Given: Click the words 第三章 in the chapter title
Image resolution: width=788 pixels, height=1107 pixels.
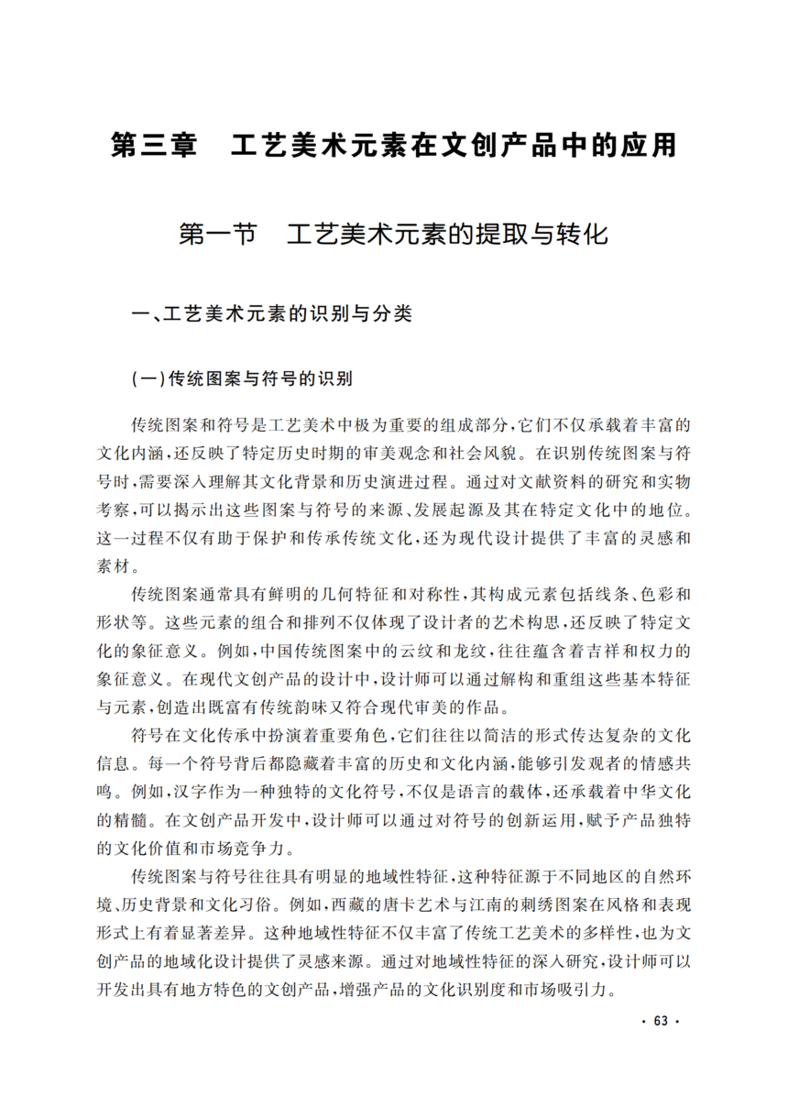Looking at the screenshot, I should pos(153,145).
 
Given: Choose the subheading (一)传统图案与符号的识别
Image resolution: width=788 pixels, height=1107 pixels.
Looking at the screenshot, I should pos(242,378).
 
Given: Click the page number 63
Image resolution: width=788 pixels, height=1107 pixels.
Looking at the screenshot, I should pos(662,1024).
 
